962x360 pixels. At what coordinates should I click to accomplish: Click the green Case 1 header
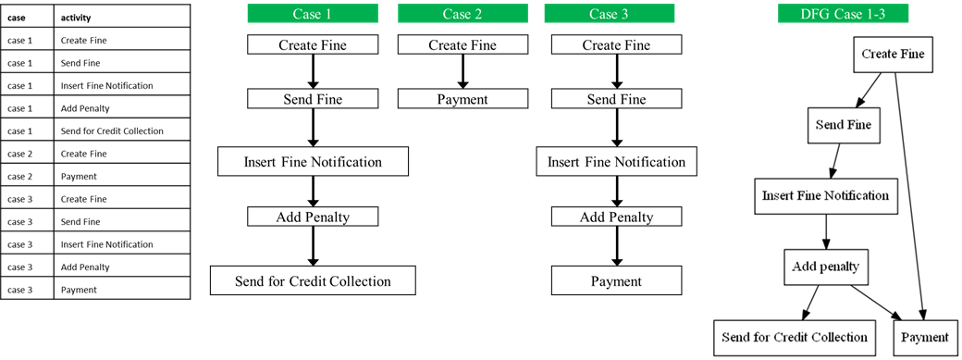[313, 13]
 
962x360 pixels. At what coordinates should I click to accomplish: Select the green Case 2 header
[462, 13]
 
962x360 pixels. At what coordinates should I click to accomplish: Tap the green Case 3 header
[609, 13]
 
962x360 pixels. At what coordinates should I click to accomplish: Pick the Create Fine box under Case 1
[313, 45]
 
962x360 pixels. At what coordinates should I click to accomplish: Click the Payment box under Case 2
[462, 99]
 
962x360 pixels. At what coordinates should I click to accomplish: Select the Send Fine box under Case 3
[616, 99]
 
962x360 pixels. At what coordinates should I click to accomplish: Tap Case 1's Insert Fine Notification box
[313, 162]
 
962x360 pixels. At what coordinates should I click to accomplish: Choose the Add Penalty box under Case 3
[616, 217]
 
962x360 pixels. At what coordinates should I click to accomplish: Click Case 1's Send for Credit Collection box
[313, 280]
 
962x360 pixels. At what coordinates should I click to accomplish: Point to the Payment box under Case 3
[616, 280]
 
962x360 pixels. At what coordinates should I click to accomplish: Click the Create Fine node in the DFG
[893, 55]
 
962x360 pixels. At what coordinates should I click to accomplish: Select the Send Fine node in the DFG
[843, 124]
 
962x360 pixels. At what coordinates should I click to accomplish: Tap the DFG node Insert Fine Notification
[825, 196]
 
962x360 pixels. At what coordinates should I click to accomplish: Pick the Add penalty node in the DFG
[825, 267]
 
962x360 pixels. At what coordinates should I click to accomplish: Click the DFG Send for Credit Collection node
[795, 337]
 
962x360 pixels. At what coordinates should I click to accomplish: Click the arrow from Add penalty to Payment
[876, 302]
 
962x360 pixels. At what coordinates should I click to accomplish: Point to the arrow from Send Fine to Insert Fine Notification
[835, 160]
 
